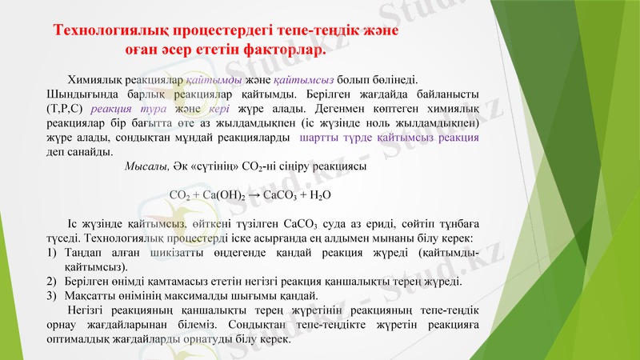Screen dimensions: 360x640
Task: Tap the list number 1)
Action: point(52,253)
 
